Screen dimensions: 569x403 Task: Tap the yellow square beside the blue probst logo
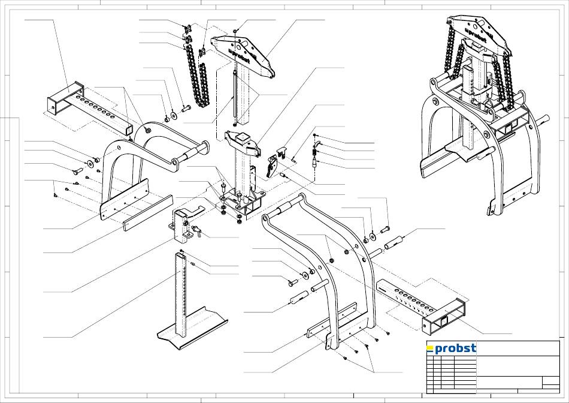(430, 350)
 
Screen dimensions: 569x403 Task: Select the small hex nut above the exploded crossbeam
(235, 32)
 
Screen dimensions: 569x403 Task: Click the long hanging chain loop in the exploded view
(197, 76)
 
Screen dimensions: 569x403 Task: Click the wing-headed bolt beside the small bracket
(198, 231)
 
